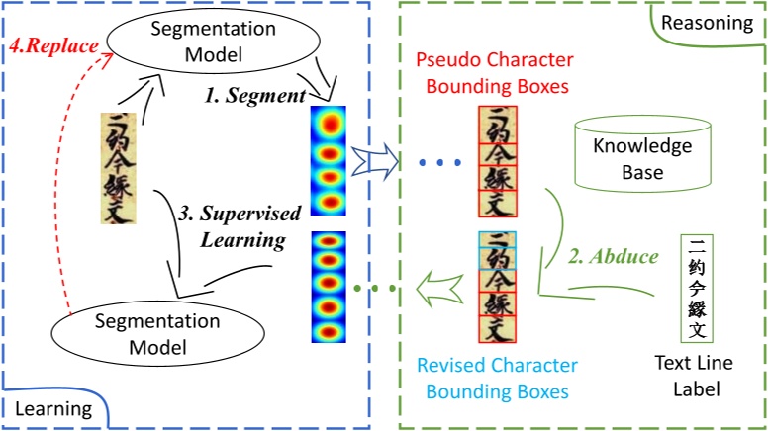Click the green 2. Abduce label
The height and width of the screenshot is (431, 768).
tap(614, 256)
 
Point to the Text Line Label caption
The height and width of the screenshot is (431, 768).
tap(694, 378)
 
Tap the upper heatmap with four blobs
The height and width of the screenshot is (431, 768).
tap(328, 160)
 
